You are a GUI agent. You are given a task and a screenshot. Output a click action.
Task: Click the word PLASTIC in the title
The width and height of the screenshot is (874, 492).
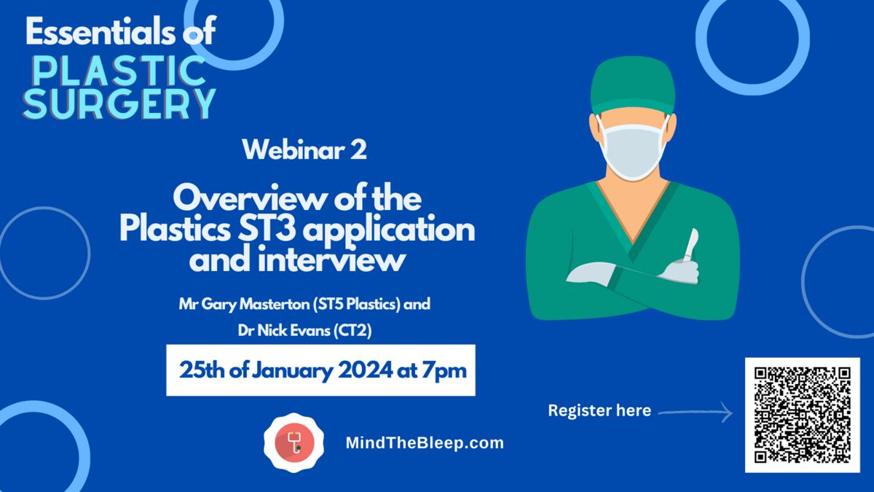[119, 71]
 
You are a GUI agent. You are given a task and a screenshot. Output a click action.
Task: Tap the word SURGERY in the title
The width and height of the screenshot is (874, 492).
[119, 104]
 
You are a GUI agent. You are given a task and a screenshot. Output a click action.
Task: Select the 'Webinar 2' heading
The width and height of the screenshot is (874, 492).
[304, 149]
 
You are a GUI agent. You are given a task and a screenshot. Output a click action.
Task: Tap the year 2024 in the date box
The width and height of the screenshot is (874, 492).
[365, 370]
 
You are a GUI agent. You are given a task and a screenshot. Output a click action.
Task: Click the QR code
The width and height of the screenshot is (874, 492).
[802, 415]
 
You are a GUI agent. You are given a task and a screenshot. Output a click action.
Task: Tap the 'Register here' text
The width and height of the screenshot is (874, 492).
[599, 410]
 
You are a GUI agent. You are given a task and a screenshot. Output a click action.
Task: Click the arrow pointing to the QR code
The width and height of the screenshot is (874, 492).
[696, 412]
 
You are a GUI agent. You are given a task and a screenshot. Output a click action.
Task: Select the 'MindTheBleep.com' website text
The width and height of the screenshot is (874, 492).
[425, 443]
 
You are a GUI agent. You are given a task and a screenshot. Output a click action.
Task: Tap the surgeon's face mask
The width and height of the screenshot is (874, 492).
[632, 149]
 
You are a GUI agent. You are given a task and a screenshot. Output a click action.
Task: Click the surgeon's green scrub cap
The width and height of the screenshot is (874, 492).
[632, 86]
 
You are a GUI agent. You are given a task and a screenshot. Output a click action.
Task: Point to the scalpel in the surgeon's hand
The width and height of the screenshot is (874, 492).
[690, 245]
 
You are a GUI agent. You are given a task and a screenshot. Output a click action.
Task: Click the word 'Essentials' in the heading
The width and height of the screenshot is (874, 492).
[101, 31]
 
